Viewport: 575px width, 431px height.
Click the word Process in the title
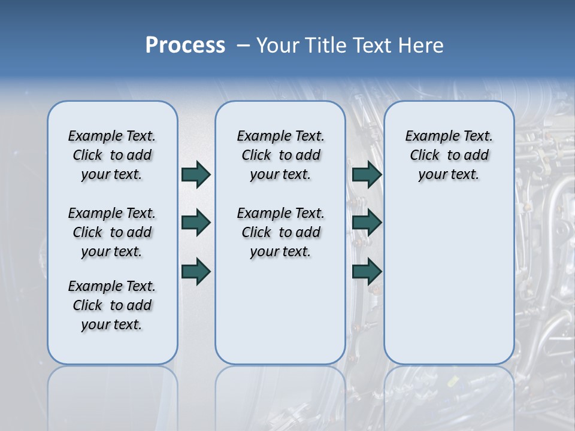point(185,45)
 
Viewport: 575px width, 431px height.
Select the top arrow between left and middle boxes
point(195,175)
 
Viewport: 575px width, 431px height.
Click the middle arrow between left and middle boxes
point(195,223)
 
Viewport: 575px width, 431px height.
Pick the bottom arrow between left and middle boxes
point(195,271)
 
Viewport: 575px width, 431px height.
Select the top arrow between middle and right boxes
point(367,175)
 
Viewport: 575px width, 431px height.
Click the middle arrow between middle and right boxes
point(367,223)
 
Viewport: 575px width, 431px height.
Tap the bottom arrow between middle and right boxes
point(367,271)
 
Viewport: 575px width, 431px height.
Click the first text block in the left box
point(112,155)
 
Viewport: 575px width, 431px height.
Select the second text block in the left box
point(112,232)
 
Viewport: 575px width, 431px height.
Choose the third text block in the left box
point(112,305)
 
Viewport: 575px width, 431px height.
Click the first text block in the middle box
point(280,155)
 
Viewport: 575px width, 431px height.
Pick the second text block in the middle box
point(280,232)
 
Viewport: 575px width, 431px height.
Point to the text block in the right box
point(449,155)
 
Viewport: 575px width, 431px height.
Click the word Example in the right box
point(426,136)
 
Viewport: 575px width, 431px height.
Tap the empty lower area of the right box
point(449,281)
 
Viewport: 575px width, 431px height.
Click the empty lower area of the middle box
point(280,311)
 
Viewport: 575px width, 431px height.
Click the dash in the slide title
point(244,45)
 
